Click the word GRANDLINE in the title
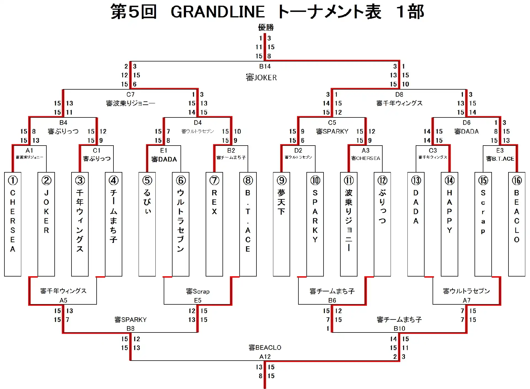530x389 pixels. (218, 12)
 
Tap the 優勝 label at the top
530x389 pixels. (266, 27)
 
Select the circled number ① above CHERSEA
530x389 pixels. (13, 180)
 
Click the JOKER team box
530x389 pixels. (46, 224)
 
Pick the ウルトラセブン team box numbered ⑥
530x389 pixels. (181, 224)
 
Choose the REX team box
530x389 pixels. (214, 224)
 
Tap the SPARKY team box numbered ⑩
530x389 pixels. (315, 224)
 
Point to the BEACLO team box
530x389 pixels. (516, 224)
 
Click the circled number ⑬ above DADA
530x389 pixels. (416, 180)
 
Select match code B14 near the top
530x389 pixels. (265, 66)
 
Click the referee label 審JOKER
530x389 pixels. (261, 77)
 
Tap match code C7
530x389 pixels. (130, 95)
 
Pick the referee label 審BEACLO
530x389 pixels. (265, 347)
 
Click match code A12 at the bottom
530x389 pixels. (265, 356)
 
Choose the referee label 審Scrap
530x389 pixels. (198, 291)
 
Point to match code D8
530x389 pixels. (399, 95)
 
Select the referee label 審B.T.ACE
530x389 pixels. (500, 159)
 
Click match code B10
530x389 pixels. (399, 328)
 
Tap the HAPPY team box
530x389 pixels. (449, 224)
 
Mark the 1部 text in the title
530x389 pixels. (410, 12)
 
